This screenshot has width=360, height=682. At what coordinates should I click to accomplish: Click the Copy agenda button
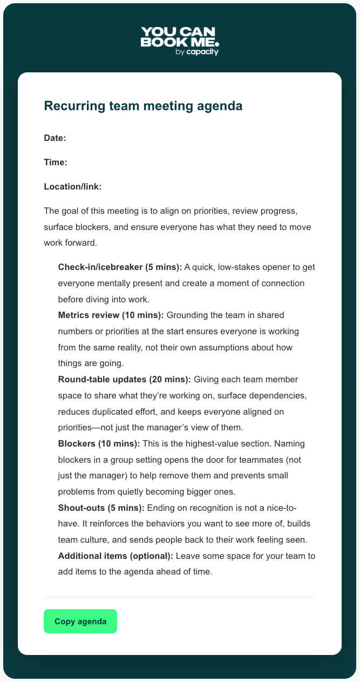click(80, 621)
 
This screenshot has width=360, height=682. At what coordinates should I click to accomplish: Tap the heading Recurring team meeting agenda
click(143, 106)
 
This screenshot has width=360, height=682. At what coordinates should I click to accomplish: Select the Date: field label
click(55, 138)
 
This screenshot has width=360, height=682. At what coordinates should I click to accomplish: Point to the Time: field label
click(55, 162)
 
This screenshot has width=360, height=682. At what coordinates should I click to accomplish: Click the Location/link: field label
click(73, 186)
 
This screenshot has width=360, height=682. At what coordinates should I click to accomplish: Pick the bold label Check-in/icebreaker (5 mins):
click(120, 267)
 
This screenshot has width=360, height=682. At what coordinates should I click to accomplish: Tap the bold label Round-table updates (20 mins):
click(124, 380)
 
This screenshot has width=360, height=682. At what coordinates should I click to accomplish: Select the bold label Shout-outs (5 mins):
click(101, 508)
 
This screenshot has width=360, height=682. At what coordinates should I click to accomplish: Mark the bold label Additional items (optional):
click(116, 556)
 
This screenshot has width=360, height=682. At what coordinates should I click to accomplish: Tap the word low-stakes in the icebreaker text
click(240, 267)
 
